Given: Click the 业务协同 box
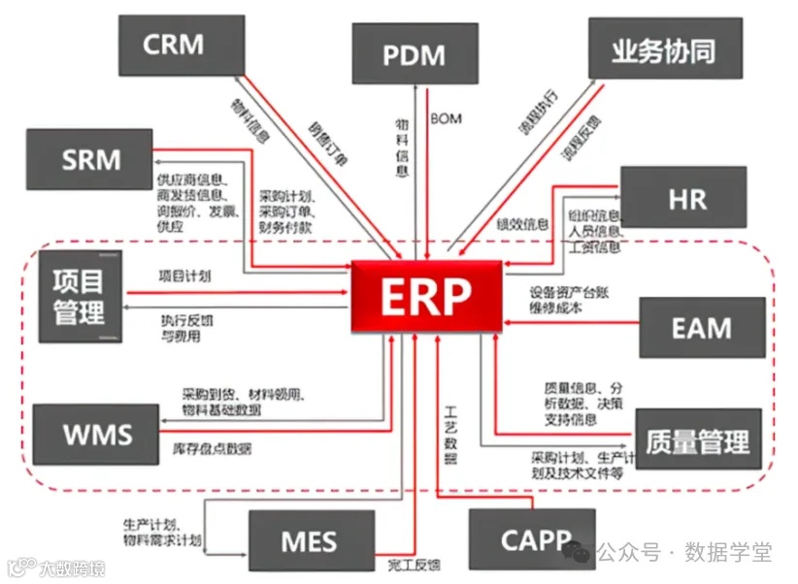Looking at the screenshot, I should pos(665,50).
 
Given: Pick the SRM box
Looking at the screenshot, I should pos(90,159).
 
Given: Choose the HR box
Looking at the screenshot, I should pos(683,198).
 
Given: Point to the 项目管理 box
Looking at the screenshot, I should pos(83,296).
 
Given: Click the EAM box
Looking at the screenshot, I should pos(701,327).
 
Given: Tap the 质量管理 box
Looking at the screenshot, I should pos(698,440).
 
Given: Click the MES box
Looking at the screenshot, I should pos(311,541).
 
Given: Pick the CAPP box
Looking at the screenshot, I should pos(530,539).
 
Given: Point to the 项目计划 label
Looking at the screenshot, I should pos(184,276).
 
